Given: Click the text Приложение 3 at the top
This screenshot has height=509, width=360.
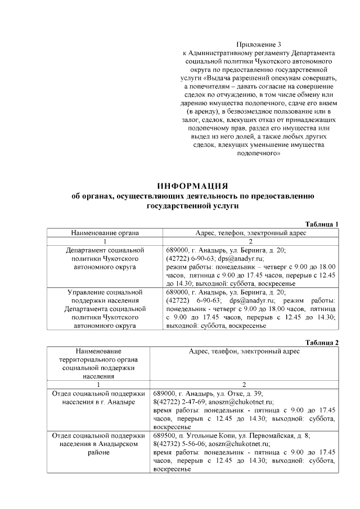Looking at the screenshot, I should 258,44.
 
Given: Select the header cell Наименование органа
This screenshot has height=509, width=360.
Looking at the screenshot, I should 105,232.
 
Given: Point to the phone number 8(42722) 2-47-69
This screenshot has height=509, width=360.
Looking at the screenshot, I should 181,402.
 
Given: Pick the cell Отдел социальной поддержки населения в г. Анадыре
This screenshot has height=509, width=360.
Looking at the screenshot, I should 98,398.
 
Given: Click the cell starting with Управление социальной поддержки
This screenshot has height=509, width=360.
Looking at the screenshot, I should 105,309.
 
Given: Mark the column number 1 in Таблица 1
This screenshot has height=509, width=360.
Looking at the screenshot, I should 105,241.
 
